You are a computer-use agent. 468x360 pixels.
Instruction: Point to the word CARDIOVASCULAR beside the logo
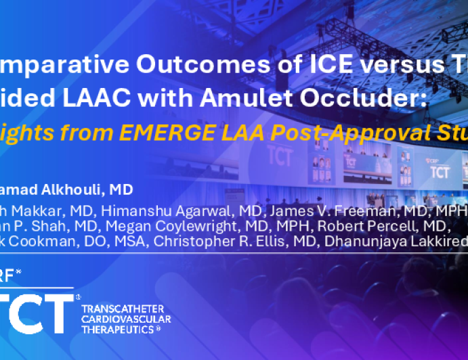pos(126,319)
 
